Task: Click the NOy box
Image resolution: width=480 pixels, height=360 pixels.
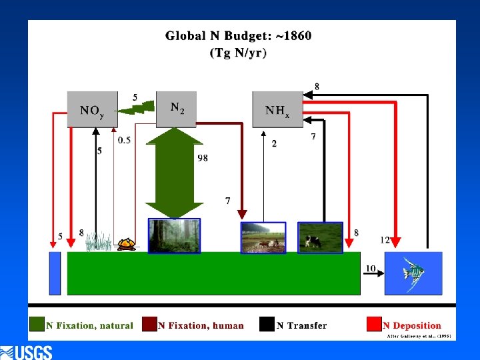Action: [92, 109]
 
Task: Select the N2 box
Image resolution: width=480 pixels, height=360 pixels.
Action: [177, 108]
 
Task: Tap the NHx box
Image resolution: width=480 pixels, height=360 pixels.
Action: [277, 109]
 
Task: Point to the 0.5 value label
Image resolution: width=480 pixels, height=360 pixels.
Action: [124, 140]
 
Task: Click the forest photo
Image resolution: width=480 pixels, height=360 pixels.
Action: [173, 236]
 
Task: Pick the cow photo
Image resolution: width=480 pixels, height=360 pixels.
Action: [320, 237]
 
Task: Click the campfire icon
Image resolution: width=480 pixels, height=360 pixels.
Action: [127, 244]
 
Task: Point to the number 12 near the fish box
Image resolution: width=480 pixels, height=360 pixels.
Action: [385, 240]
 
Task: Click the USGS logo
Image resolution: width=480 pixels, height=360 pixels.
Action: [27, 352]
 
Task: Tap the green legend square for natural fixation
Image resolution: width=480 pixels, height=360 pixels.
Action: [37, 325]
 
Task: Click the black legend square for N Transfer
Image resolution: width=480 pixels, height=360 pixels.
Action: [267, 325]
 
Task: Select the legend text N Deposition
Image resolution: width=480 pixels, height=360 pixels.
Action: [412, 325]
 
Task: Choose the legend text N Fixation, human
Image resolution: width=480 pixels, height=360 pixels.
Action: [201, 325]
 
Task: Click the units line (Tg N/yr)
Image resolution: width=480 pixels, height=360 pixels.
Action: [238, 53]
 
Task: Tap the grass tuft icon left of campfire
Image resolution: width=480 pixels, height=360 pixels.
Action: [99, 241]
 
